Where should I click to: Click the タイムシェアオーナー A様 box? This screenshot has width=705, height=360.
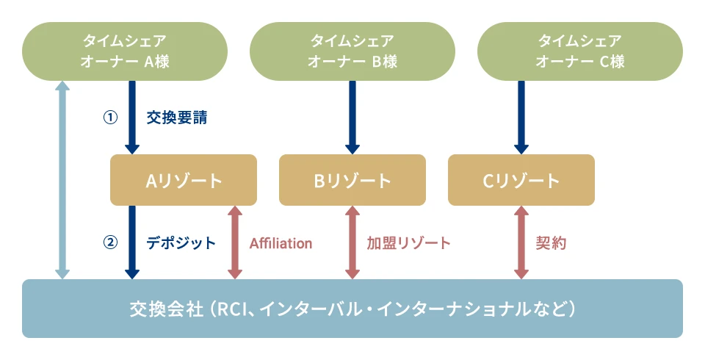click(x=125, y=51)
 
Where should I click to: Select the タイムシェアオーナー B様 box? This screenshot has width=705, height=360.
click(x=352, y=51)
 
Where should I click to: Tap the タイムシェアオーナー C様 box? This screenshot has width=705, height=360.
click(x=580, y=51)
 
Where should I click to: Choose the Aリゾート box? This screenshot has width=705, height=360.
click(x=184, y=180)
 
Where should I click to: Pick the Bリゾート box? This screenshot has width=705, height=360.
click(x=352, y=180)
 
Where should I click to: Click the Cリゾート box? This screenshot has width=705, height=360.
click(x=521, y=180)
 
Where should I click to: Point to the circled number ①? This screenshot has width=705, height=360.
click(x=110, y=118)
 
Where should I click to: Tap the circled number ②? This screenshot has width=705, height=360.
click(x=110, y=242)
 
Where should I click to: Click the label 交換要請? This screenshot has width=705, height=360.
click(x=177, y=118)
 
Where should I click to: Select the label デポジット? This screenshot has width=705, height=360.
click(x=181, y=242)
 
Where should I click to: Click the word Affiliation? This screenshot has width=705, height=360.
click(x=281, y=243)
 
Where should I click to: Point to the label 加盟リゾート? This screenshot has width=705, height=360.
click(x=408, y=243)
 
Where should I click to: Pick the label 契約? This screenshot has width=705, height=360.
click(x=551, y=243)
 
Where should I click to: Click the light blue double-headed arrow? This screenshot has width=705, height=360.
click(x=62, y=180)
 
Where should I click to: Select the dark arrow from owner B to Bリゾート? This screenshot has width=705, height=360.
click(x=352, y=118)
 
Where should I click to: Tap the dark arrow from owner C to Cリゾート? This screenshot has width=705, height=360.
click(x=521, y=118)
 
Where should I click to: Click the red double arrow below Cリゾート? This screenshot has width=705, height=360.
click(x=521, y=242)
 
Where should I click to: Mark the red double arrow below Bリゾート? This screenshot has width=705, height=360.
click(x=352, y=242)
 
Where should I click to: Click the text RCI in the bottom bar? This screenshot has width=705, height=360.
click(x=234, y=309)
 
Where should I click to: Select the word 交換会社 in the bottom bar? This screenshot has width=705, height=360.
click(x=167, y=309)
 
